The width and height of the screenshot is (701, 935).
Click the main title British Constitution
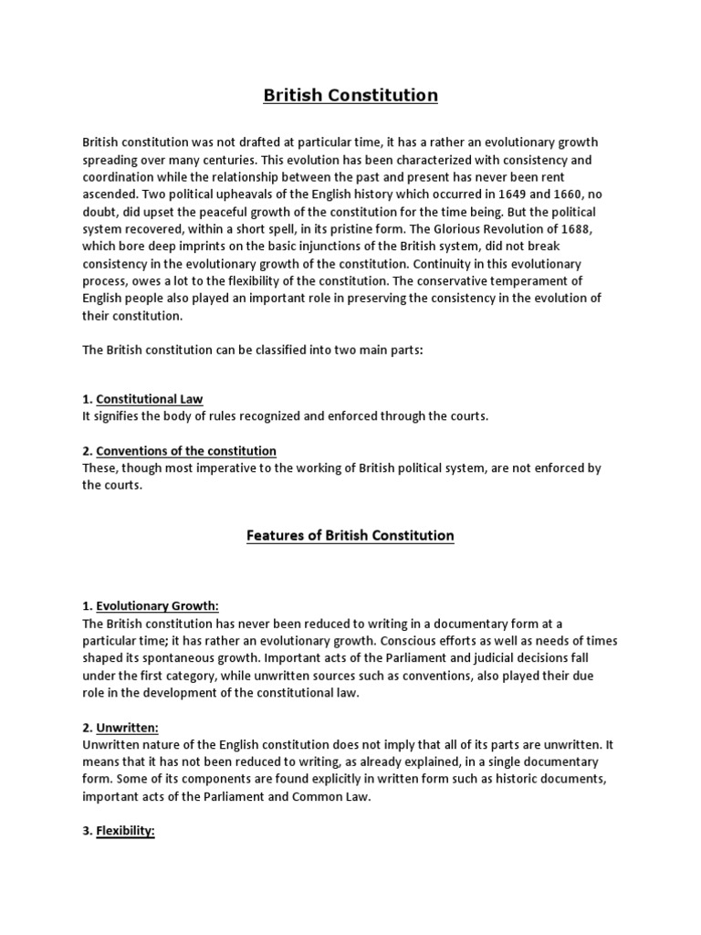tap(350, 95)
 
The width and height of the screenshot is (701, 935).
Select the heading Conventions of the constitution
tap(186, 451)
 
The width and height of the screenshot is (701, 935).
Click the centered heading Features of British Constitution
tap(350, 536)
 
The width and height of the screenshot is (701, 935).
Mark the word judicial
tap(509, 657)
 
